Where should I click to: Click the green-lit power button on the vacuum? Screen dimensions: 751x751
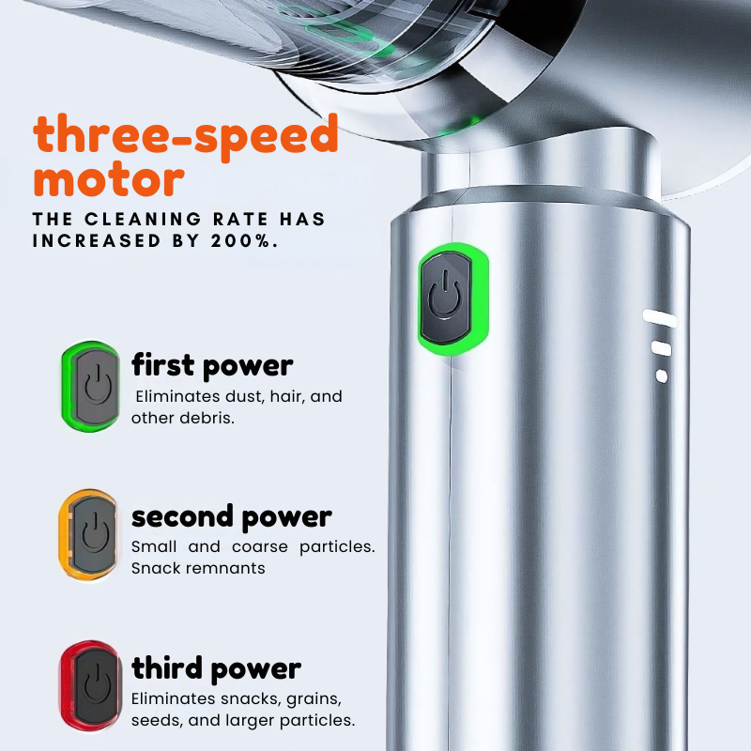pos(452,299)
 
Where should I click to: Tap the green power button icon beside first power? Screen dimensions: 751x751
pos(90,387)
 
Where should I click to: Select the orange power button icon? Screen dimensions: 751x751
pos(88,534)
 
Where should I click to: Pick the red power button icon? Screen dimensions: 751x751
pos(90,686)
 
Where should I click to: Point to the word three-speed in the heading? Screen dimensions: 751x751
pos(186,135)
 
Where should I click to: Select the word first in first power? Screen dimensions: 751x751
pos(162,365)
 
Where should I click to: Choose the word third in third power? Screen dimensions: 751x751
pos(167,668)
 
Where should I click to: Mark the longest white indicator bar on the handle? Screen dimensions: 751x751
pos(660,318)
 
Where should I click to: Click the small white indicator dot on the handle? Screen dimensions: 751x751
pos(662,376)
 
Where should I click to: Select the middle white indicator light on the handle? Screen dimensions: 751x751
pos(662,348)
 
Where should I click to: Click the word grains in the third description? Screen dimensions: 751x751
pos(314,699)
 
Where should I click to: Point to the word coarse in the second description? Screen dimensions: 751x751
pos(260,546)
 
